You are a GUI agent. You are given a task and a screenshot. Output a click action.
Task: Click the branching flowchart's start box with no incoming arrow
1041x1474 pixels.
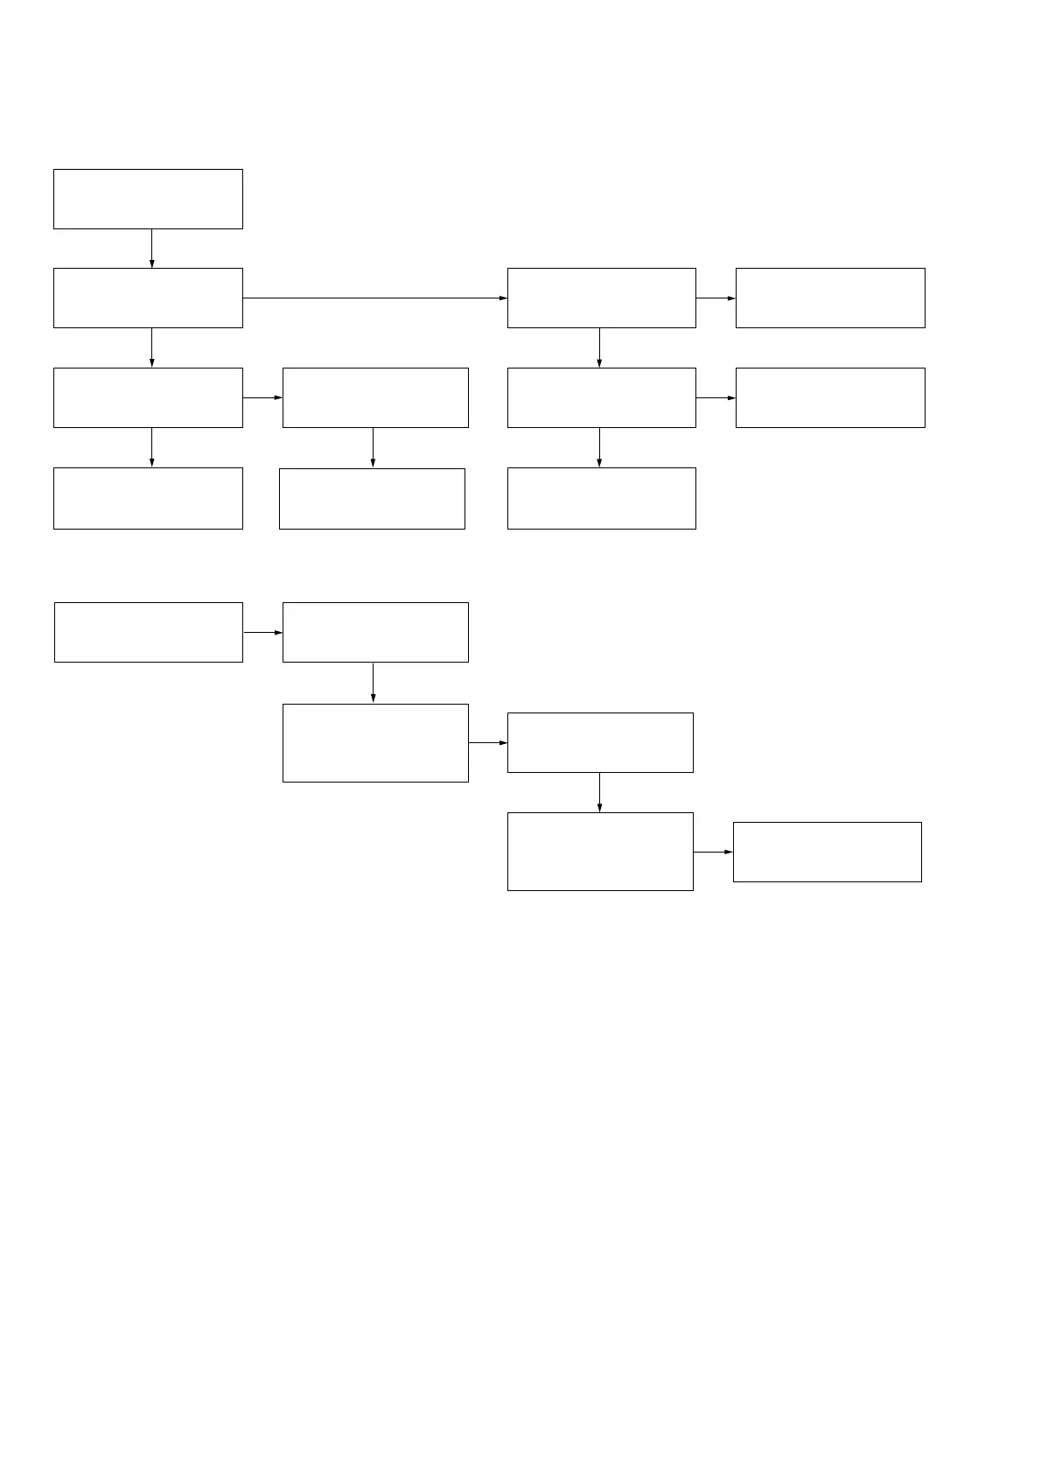148,200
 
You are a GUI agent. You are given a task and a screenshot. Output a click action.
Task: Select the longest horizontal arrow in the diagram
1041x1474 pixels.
374,298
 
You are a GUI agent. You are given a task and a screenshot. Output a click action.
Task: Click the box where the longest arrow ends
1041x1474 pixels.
602,298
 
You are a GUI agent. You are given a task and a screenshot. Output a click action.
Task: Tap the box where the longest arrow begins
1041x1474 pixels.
148,298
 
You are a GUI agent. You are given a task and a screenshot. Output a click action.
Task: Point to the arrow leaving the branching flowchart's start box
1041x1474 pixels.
152,249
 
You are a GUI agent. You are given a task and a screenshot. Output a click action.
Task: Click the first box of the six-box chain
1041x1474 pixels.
149,632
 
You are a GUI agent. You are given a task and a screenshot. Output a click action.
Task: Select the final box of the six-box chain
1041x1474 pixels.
827,852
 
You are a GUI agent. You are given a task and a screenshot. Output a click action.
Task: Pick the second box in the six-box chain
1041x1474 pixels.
375,632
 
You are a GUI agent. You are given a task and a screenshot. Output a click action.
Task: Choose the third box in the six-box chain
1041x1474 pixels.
375,743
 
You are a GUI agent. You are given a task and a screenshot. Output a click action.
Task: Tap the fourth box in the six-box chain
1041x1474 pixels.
600,743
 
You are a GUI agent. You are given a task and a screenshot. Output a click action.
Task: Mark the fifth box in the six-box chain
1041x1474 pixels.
600,852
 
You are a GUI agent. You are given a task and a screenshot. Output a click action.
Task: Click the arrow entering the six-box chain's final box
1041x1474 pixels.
713,852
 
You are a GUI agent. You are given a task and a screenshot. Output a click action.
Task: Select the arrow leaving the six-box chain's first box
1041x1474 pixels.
262,632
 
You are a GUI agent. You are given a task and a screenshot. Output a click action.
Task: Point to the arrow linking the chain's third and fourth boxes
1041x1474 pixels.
488,743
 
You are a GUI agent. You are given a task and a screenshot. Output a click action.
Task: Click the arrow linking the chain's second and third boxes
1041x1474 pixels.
374,683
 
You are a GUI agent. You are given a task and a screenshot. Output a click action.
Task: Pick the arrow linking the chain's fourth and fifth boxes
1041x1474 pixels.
600,792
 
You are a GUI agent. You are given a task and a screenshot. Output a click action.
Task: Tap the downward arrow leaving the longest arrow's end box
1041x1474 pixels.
600,347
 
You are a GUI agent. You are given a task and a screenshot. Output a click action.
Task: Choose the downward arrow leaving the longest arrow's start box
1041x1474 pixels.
152,347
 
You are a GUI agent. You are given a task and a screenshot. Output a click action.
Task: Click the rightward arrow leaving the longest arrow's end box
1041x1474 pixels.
716,298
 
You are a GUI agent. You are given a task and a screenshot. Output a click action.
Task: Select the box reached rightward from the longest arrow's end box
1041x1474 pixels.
830,298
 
